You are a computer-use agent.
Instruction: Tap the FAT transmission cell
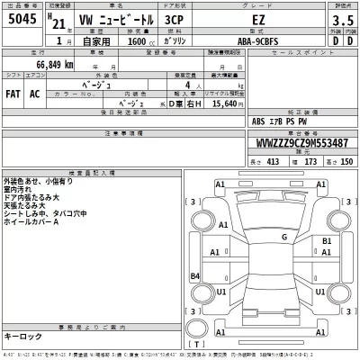point(15,94)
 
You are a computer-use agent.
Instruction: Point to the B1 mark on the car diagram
point(328,242)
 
